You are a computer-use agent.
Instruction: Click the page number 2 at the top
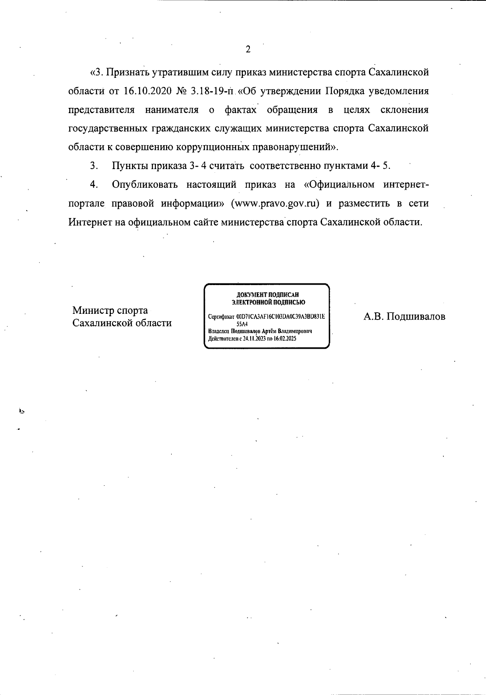248,49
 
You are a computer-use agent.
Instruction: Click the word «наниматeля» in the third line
172,110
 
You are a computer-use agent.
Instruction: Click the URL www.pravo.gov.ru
275,203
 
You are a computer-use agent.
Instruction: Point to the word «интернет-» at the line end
406,184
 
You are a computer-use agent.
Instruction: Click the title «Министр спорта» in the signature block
110,311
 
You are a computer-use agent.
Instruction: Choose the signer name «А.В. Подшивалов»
404,316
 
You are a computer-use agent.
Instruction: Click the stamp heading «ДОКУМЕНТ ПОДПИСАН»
268,295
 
